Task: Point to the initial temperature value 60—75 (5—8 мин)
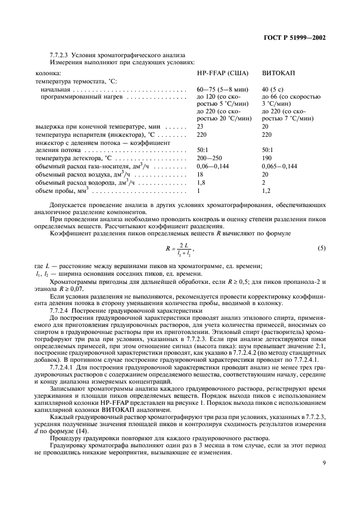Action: [x=223, y=89]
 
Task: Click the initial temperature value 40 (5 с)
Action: [x=275, y=89]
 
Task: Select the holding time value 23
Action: [x=200, y=126]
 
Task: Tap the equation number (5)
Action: [x=321, y=248]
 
